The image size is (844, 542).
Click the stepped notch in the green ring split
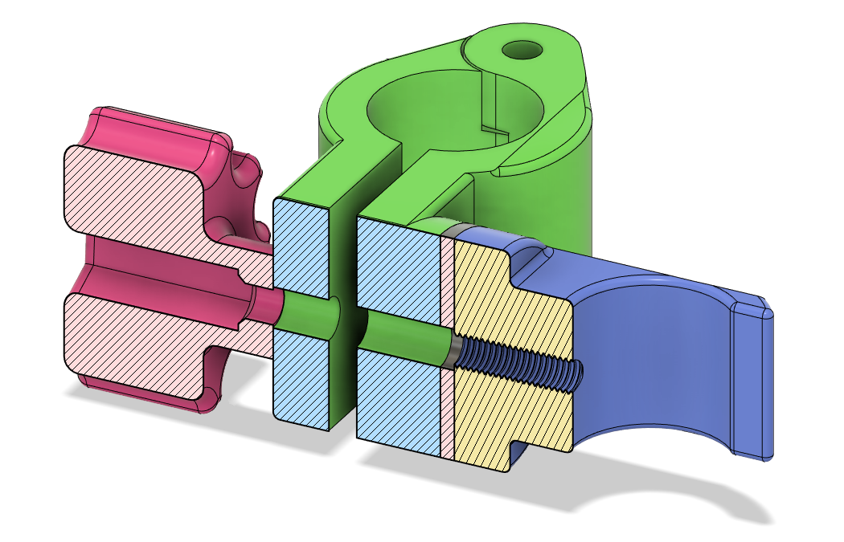coord(499,128)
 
